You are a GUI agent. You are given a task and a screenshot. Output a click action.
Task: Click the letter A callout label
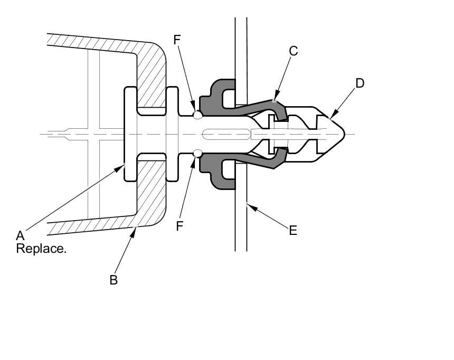(x=20, y=236)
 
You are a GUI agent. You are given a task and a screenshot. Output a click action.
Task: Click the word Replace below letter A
(x=41, y=249)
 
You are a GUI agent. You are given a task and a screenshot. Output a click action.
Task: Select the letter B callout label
(x=113, y=280)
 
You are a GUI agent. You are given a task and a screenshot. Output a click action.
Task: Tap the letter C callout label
(x=294, y=51)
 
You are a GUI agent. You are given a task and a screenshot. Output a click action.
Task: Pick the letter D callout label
(x=360, y=83)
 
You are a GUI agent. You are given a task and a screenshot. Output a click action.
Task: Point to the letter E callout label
(x=293, y=231)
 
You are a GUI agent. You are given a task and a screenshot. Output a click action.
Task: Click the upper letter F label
(x=177, y=40)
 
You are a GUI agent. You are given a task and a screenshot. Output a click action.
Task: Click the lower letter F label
(x=179, y=226)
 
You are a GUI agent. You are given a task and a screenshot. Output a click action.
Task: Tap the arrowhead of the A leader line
(x=119, y=168)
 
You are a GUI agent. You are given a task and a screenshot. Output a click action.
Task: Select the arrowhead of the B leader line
(x=133, y=232)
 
